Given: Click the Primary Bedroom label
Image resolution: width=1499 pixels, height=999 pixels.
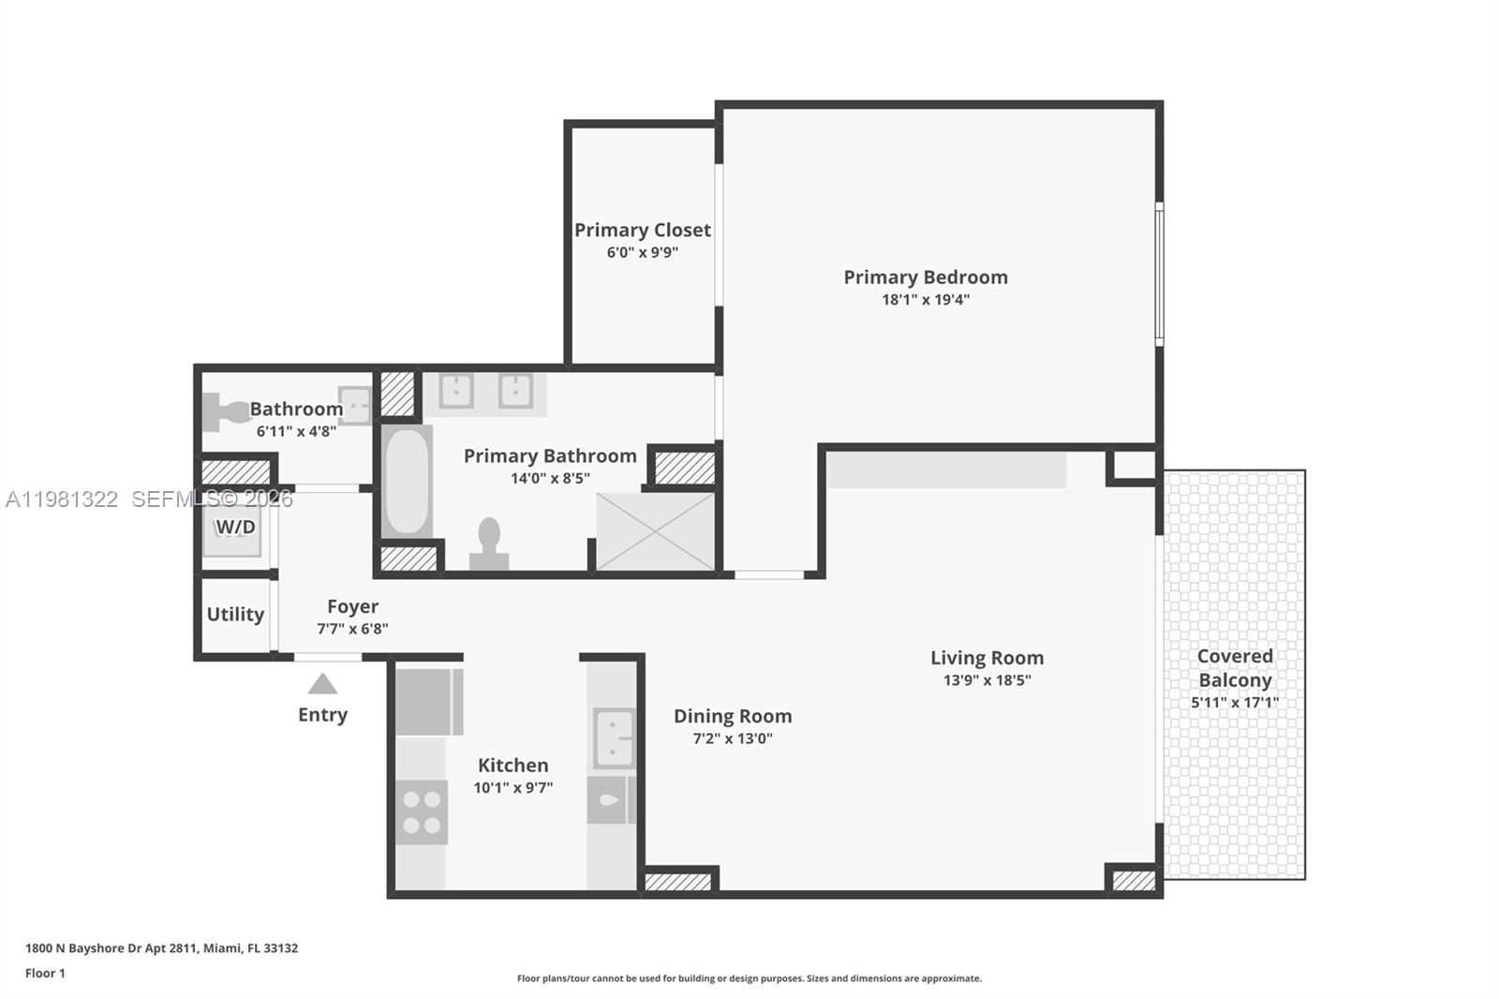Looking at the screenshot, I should pyautogui.click(x=926, y=277).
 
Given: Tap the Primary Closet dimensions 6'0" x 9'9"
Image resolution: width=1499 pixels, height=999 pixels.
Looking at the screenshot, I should pyautogui.click(x=642, y=252).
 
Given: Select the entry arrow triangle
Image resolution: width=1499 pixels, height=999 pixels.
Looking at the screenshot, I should pyautogui.click(x=322, y=684).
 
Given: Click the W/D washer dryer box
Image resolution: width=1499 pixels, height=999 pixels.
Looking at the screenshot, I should pyautogui.click(x=234, y=528).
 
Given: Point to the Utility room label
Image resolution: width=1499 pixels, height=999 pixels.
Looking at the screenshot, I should pyautogui.click(x=235, y=614).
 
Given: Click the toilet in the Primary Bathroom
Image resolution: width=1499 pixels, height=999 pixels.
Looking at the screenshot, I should pyautogui.click(x=489, y=544).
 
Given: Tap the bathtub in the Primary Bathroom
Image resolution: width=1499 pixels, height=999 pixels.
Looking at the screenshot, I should pyautogui.click(x=407, y=482).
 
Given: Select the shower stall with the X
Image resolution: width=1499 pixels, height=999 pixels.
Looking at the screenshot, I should pyautogui.click(x=656, y=531).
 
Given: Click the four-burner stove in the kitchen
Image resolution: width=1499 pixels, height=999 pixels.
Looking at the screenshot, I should pyautogui.click(x=422, y=813).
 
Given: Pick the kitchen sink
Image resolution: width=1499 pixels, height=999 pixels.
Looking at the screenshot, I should pyautogui.click(x=615, y=738).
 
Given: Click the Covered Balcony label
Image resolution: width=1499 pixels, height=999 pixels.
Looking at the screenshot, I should pyautogui.click(x=1235, y=667).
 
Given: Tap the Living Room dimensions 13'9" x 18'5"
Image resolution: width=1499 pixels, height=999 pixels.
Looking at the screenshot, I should pyautogui.click(x=987, y=680).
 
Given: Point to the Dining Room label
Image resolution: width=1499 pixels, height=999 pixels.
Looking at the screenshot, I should pyautogui.click(x=733, y=716).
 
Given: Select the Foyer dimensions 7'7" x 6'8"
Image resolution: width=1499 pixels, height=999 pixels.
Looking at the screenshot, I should pyautogui.click(x=352, y=629).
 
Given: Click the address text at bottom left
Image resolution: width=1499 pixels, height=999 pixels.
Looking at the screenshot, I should pyautogui.click(x=161, y=948).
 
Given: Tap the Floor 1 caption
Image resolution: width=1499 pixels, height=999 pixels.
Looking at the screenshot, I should pyautogui.click(x=45, y=973).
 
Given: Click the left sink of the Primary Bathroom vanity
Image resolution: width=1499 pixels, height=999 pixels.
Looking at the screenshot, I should pyautogui.click(x=456, y=391).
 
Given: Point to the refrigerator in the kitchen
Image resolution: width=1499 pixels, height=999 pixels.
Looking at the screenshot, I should pyautogui.click(x=428, y=701).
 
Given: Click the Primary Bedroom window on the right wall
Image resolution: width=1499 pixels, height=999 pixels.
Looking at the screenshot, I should pyautogui.click(x=1159, y=274).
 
